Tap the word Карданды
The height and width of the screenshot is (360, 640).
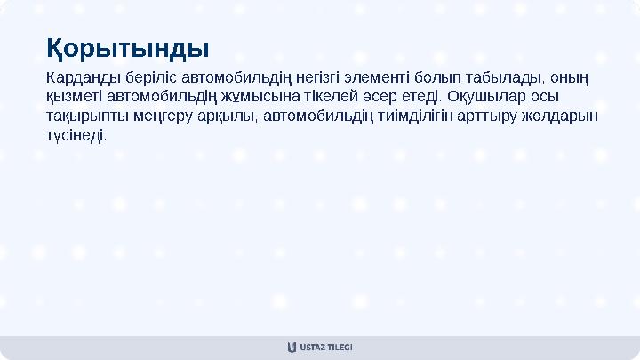point(81,76)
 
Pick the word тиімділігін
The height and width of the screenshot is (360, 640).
point(412,116)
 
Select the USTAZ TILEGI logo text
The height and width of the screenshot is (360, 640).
point(326,347)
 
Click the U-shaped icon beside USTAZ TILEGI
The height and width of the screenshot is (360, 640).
point(292,347)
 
